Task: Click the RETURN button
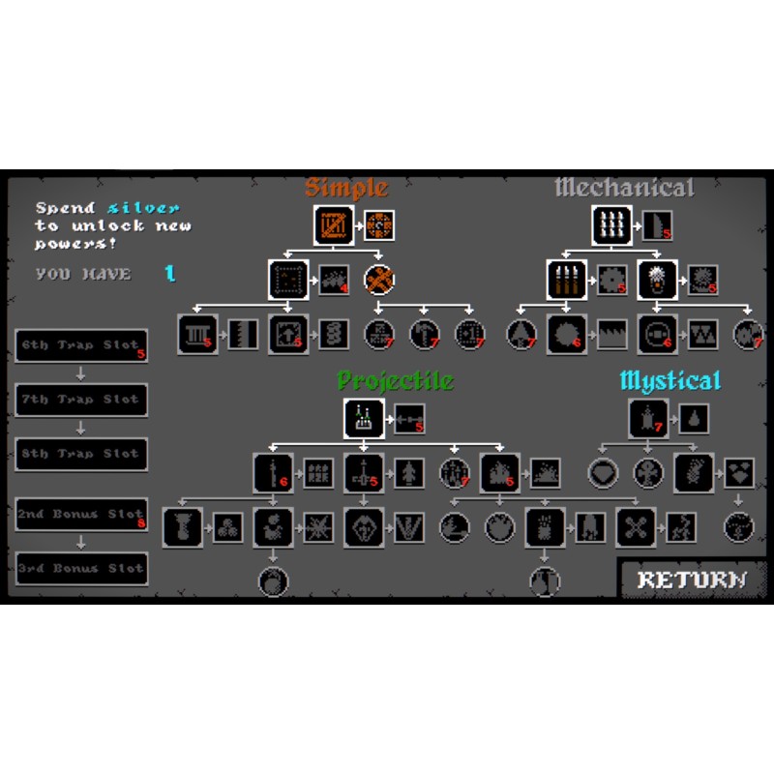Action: (692, 580)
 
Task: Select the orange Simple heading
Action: (346, 188)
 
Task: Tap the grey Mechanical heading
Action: (624, 188)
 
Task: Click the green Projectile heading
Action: (395, 380)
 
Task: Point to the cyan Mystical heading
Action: (670, 380)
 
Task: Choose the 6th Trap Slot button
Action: (82, 345)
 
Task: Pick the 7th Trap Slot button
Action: (82, 400)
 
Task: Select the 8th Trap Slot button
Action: (82, 454)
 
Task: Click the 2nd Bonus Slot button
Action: (82, 515)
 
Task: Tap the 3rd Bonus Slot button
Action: (82, 569)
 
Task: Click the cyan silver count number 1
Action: (170, 274)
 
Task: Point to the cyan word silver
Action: (143, 208)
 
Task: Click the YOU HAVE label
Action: (83, 274)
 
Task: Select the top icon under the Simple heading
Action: (333, 225)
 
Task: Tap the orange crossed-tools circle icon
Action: (379, 280)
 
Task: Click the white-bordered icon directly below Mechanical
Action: (611, 225)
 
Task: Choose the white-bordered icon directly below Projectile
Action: (364, 418)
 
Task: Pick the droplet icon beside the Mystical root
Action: (694, 419)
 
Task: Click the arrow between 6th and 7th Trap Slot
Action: (82, 372)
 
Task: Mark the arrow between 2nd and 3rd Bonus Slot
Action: (82, 542)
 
